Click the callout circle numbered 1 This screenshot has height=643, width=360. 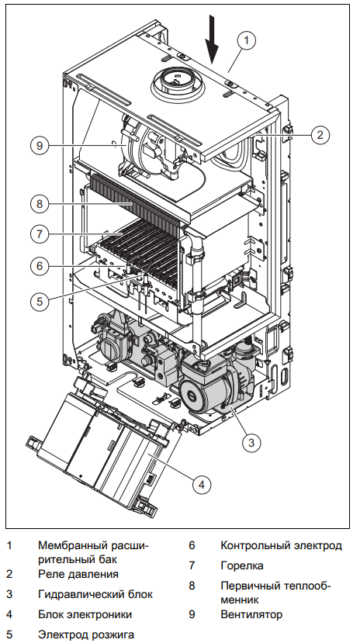[247, 40]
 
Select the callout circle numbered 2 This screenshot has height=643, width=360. [320, 134]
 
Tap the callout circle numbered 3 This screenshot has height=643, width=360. [251, 442]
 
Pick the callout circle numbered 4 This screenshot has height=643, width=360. [201, 485]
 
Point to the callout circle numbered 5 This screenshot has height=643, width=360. [40, 302]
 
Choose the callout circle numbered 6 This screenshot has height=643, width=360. [40, 266]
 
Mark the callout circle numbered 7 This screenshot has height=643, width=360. [40, 234]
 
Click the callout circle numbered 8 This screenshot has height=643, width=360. [40, 204]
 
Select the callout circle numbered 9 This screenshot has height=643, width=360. [40, 146]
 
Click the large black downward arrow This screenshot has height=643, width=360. [212, 40]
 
